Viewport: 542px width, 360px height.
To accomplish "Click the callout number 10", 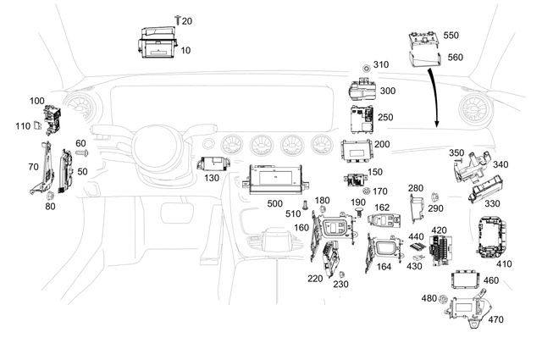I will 185,51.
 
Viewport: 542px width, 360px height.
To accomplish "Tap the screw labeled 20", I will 177,18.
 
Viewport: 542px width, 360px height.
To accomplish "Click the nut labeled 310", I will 365,66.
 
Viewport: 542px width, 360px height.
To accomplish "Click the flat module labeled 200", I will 357,150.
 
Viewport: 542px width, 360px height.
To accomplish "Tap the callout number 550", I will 451,36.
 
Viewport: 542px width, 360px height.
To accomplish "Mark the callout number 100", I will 36,101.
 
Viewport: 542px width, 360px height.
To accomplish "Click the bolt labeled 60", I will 86,153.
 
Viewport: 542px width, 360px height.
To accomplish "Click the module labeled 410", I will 495,237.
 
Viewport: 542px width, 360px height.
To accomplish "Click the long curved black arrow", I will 434,93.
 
